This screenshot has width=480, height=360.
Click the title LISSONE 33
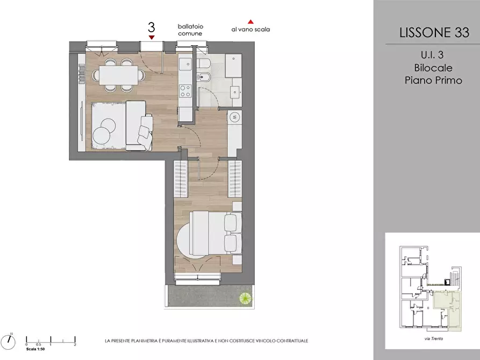(434, 32)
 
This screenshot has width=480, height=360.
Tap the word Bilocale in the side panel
(433, 68)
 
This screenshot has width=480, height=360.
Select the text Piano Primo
(433, 80)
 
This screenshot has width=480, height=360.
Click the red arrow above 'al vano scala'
(250, 21)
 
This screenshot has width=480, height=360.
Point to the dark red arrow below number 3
(152, 38)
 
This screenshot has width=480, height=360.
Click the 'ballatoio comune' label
(190, 30)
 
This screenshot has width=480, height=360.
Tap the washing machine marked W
(235, 117)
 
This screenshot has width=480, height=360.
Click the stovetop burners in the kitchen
(185, 91)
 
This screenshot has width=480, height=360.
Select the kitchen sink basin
(185, 64)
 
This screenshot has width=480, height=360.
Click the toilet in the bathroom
(203, 64)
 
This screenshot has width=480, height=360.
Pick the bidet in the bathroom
(203, 77)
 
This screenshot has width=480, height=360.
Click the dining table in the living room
(118, 75)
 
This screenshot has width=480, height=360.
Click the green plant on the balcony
(245, 298)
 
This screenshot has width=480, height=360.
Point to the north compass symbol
(8, 341)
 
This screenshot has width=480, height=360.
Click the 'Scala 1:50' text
(35, 349)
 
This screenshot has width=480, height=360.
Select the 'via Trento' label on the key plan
(434, 339)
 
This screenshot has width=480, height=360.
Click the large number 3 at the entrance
(152, 27)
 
